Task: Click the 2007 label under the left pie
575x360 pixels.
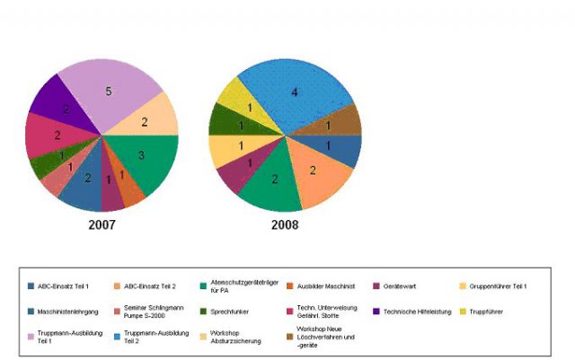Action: pyautogui.click(x=102, y=224)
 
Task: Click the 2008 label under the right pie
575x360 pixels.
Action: pyautogui.click(x=285, y=224)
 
